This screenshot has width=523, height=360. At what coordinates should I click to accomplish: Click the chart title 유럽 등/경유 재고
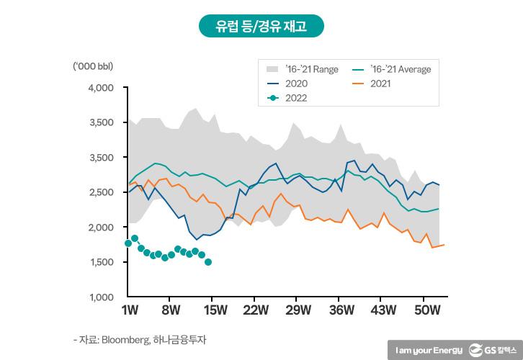click(x=261, y=27)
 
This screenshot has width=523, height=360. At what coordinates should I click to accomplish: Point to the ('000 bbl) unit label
click(x=93, y=67)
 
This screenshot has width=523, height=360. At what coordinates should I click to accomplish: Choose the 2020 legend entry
click(x=296, y=84)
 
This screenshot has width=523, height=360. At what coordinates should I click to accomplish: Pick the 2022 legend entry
click(x=296, y=98)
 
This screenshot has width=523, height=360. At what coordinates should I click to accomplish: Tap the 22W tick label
click(x=255, y=311)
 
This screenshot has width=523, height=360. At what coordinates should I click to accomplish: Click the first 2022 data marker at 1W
click(x=128, y=243)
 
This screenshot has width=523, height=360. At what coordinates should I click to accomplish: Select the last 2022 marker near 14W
click(x=208, y=262)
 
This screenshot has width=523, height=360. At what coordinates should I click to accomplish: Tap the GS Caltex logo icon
click(x=476, y=350)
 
